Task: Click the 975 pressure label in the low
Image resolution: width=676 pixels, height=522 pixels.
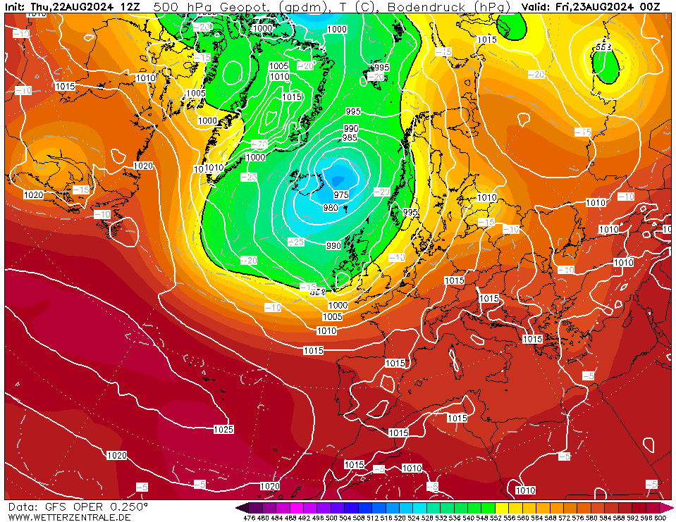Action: click(341, 195)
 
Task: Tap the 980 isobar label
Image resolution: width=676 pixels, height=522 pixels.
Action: click(331, 208)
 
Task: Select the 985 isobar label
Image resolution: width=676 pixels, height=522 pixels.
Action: click(350, 137)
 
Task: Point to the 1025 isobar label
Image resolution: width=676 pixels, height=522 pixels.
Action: click(223, 429)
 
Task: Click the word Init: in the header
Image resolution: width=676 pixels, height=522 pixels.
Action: click(16, 7)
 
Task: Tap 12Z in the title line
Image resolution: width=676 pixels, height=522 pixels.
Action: click(130, 7)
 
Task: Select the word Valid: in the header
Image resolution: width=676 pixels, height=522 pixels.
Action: click(536, 7)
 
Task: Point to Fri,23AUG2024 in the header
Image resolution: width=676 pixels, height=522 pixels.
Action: click(596, 7)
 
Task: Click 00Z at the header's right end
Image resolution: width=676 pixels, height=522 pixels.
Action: click(651, 7)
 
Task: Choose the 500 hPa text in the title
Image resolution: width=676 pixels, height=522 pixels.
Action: click(176, 7)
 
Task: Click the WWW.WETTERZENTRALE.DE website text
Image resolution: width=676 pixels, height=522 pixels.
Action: click(70, 517)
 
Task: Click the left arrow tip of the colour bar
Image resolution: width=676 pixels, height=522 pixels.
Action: click(240, 507)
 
